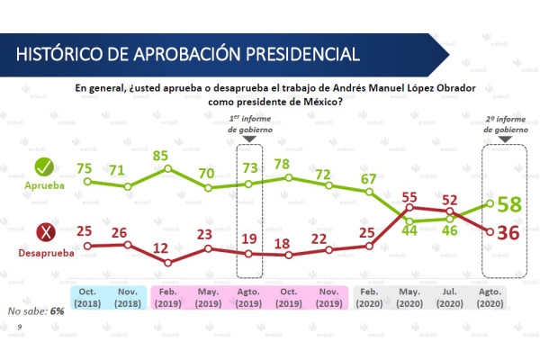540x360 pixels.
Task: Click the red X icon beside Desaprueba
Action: click(43, 237)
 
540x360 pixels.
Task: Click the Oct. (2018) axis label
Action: click(87, 298)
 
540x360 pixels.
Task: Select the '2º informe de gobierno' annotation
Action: click(504, 123)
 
